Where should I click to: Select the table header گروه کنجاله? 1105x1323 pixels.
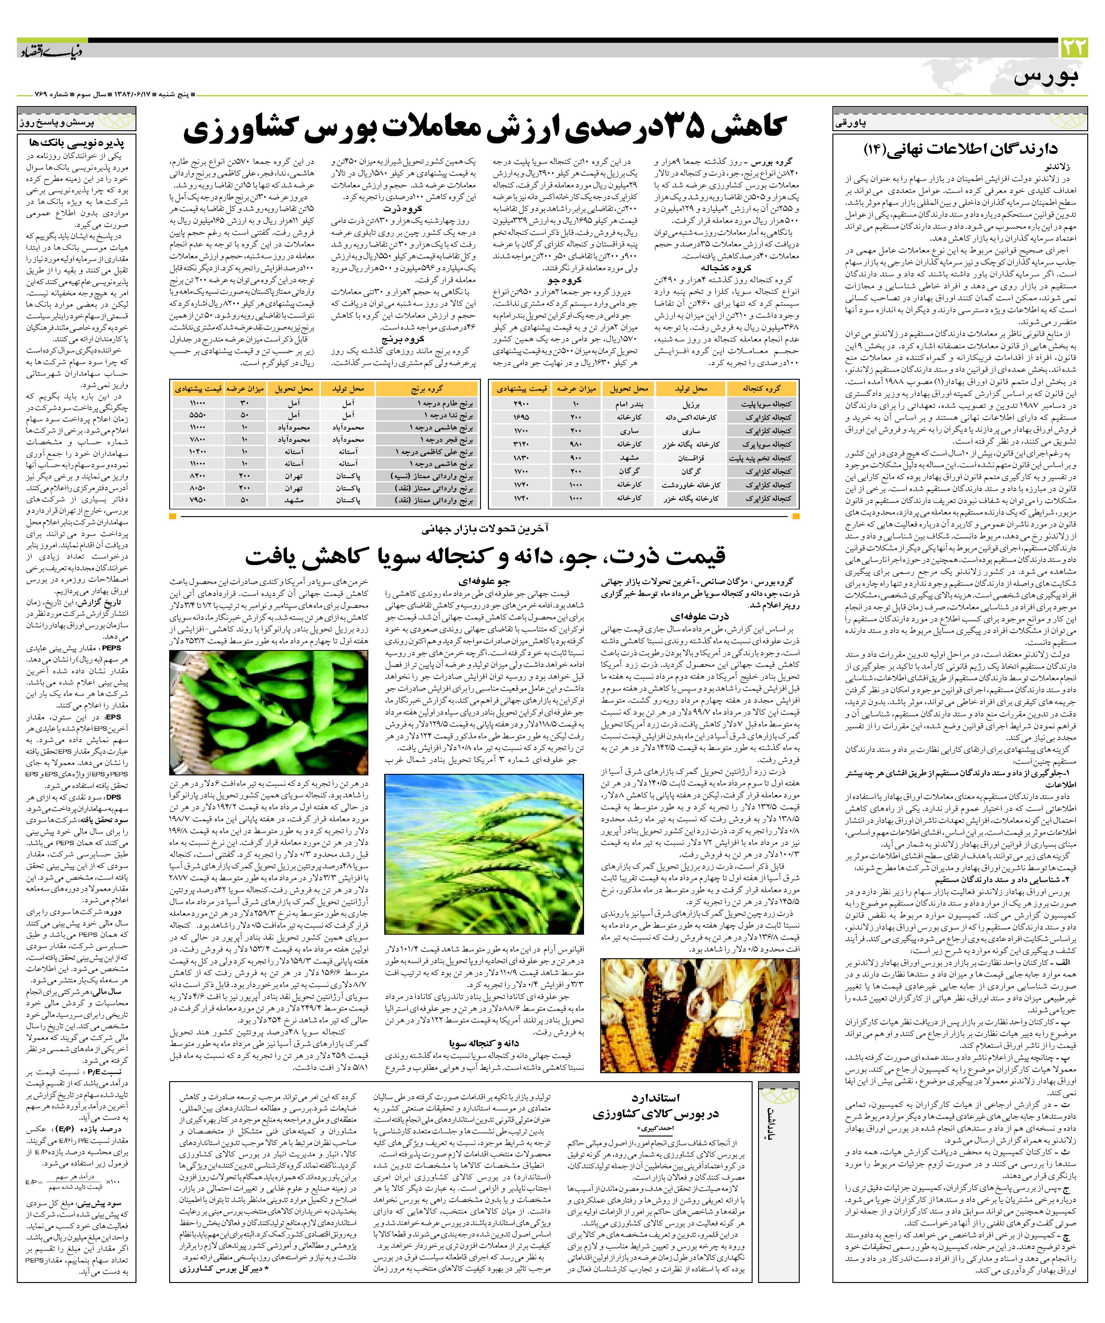(761, 389)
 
